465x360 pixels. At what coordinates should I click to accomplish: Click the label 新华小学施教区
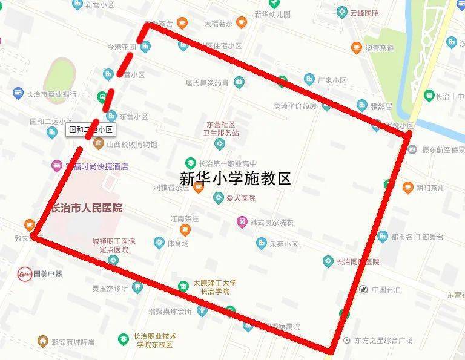236,178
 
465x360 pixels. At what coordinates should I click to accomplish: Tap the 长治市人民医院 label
87,208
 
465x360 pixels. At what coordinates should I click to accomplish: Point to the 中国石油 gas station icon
363,289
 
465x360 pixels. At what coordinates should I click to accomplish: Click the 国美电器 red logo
25,273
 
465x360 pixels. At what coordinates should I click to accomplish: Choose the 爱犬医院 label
241,198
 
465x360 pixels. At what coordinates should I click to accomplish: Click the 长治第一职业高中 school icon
190,163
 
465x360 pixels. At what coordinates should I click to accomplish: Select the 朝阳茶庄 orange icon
407,188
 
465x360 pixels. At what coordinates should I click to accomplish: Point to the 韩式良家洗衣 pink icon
242,222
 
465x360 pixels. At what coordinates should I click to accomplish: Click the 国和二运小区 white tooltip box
91,129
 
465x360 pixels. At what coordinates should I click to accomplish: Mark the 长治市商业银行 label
52,94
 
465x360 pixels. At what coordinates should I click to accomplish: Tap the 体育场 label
178,244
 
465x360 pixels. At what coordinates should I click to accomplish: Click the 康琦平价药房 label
294,105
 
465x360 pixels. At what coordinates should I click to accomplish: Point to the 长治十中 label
450,96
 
